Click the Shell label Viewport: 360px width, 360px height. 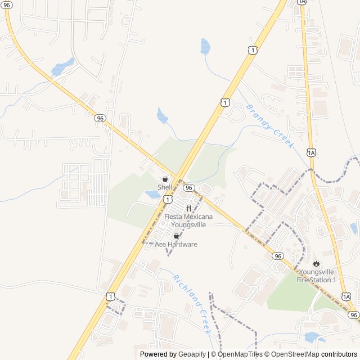coord(164,187)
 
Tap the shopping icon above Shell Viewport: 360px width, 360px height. coord(164,179)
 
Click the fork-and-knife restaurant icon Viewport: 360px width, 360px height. coord(188,208)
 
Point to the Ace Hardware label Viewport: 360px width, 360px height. coord(176,244)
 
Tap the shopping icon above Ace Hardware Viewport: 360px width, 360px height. coord(176,236)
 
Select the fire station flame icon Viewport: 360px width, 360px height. coord(316,263)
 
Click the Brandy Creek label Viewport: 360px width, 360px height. coord(270,126)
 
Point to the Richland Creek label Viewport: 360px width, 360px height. coord(191,304)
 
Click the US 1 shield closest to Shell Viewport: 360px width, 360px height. coord(168,199)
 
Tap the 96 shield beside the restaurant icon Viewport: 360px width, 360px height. coord(189,187)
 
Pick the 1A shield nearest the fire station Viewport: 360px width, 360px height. coord(345,296)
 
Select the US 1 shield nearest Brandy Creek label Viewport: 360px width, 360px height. coord(225,102)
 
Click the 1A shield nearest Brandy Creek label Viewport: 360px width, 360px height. coord(311,152)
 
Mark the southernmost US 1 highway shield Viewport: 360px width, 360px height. coord(110,296)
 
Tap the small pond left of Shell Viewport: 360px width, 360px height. coord(152,195)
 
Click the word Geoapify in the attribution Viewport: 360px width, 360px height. coord(192,354)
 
